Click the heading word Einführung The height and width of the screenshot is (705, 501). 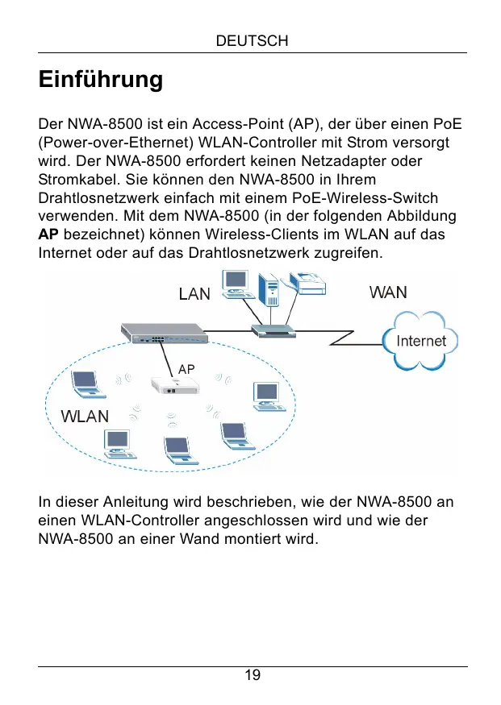coord(101,81)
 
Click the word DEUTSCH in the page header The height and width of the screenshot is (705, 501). coord(253,40)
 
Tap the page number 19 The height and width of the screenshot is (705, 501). coord(253,675)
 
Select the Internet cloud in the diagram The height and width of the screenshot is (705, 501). coord(421,341)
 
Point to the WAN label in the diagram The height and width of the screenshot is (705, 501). coord(388,292)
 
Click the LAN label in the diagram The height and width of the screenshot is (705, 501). coord(194,294)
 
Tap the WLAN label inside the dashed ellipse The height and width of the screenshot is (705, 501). coord(86,416)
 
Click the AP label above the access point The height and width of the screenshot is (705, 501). coord(186,368)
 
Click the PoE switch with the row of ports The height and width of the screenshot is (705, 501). coord(161,332)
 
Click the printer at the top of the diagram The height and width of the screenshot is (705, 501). coord(307,283)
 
